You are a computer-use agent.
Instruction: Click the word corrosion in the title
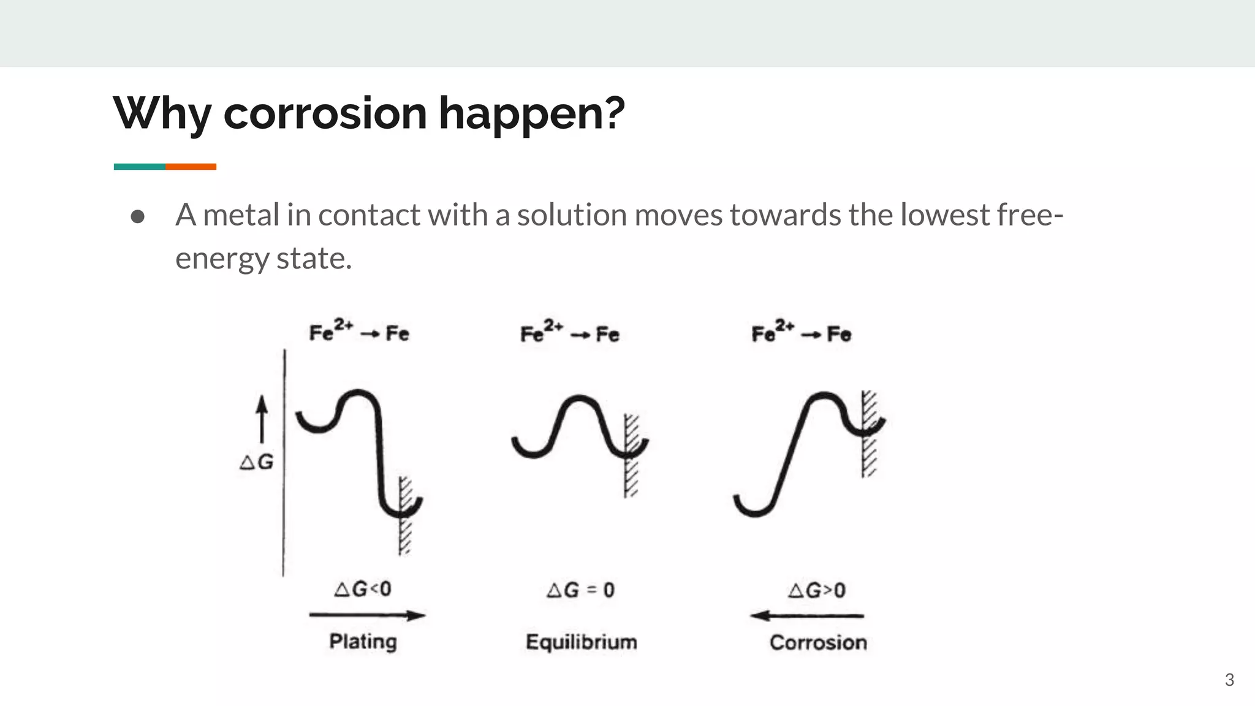click(x=325, y=113)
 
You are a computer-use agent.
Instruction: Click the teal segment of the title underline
click(x=139, y=167)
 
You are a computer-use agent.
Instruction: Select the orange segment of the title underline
click(x=191, y=167)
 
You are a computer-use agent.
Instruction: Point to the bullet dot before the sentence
click(x=138, y=216)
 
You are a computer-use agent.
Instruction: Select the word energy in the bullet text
click(x=221, y=259)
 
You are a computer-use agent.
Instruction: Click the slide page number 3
click(x=1229, y=680)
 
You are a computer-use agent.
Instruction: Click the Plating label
click(x=363, y=642)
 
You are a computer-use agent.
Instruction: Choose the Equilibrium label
click(x=581, y=642)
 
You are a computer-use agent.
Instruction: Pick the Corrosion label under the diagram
click(x=818, y=643)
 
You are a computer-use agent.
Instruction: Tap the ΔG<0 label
click(x=363, y=590)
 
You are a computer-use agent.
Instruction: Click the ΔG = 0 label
click(x=580, y=590)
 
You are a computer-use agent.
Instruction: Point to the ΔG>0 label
click(x=817, y=591)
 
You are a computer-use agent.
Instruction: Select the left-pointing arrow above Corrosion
click(x=808, y=615)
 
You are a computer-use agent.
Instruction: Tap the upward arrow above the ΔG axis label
click(x=262, y=419)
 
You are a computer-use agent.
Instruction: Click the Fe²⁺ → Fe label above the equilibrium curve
click(x=569, y=332)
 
